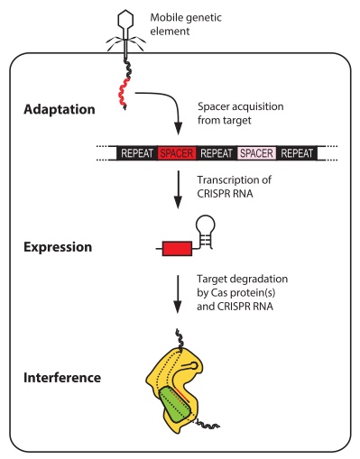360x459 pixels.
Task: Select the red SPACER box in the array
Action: (179, 154)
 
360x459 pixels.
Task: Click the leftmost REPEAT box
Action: (139, 154)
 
